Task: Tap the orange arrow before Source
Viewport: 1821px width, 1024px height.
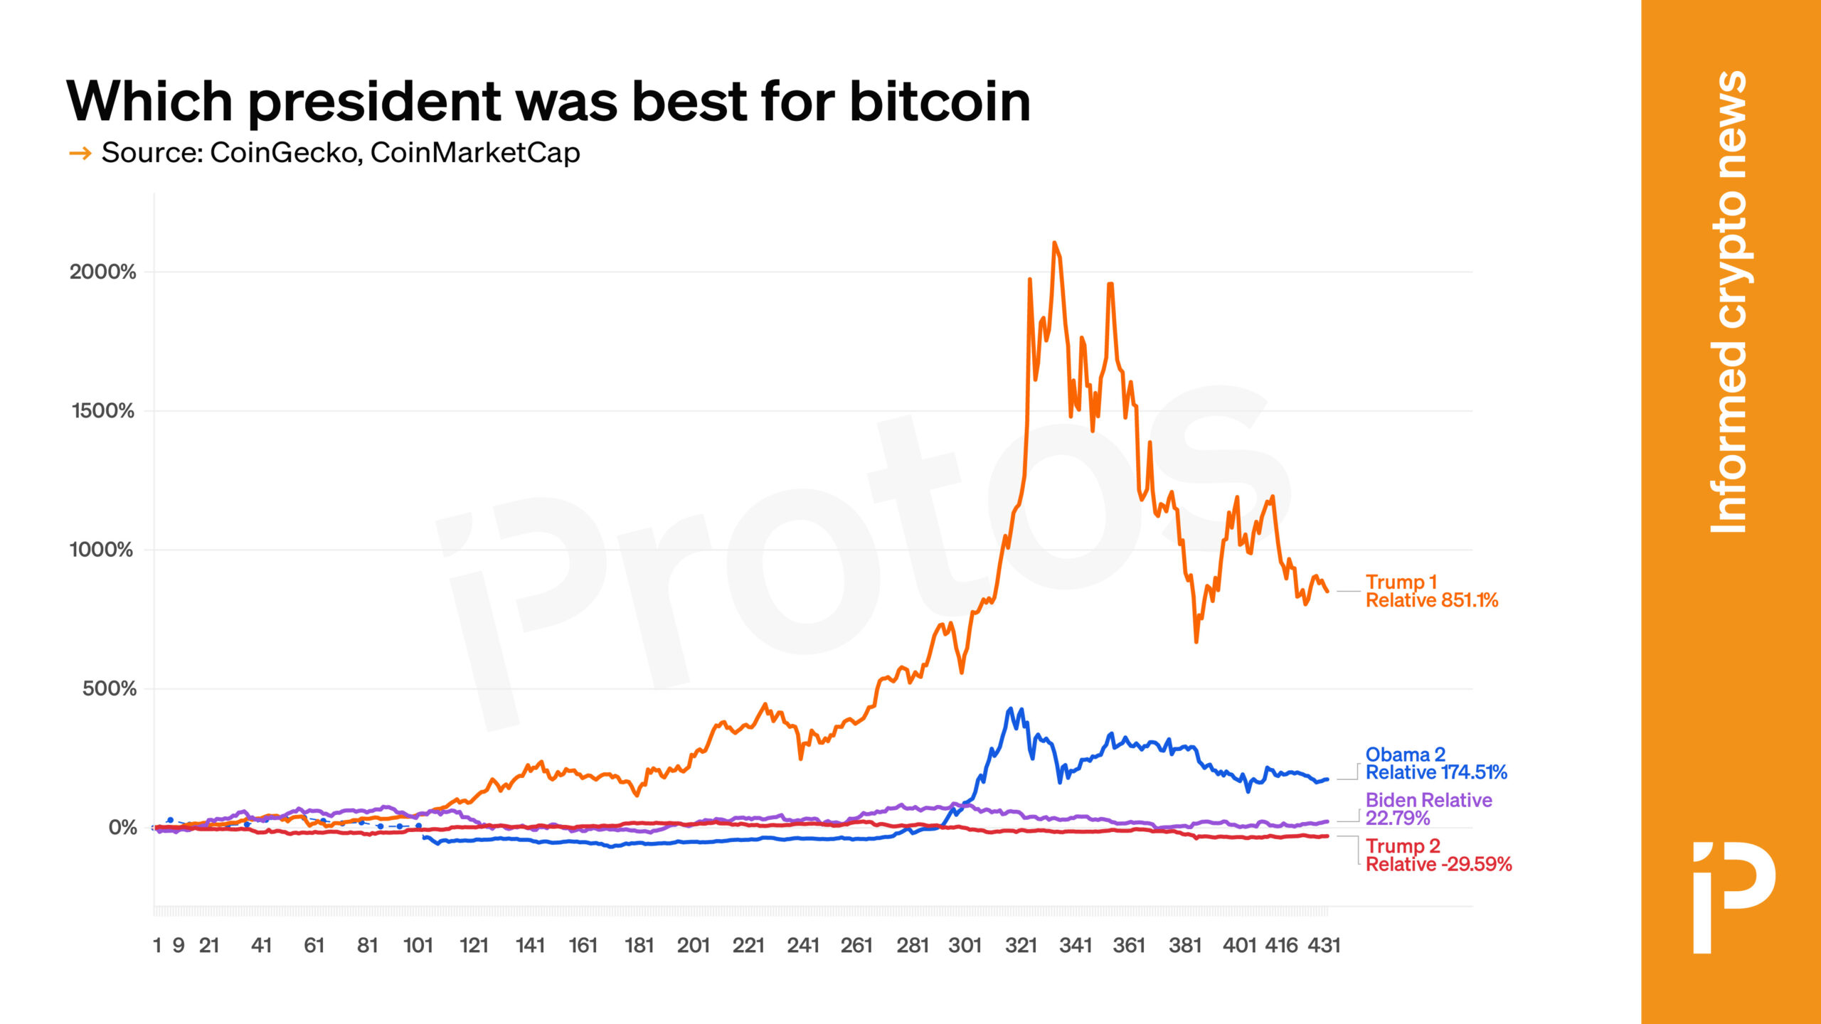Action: coord(80,153)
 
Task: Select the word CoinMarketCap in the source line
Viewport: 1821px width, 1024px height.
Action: coord(475,153)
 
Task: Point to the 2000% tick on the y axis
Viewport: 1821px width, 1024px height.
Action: coord(102,272)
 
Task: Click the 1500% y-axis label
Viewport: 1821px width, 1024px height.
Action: coord(102,410)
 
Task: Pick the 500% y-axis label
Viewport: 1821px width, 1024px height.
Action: coord(109,688)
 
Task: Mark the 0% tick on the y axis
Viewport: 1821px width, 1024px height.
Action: coord(122,827)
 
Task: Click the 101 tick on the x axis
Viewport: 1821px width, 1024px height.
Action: coord(418,945)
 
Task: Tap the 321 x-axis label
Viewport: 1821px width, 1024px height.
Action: coord(1021,945)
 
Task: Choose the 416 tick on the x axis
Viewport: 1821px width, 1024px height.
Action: coord(1281,945)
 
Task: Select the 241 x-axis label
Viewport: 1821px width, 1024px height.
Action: coord(803,945)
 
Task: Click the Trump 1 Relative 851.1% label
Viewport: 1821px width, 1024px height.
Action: coord(1431,591)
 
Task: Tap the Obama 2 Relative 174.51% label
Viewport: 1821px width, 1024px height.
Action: coord(1435,763)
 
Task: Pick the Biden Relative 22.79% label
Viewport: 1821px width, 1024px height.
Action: coord(1428,809)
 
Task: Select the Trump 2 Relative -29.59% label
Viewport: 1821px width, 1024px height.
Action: coord(1438,855)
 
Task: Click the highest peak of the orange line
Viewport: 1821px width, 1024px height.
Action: coord(1054,243)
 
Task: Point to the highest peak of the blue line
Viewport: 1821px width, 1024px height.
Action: coord(1010,710)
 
